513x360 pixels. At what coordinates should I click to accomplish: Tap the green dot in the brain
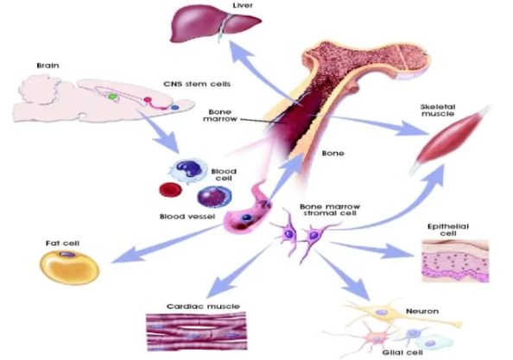pyautogui.click(x=112, y=97)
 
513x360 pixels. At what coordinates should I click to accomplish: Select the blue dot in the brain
pyautogui.click(x=175, y=107)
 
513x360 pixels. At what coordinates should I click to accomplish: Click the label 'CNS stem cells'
pyautogui.click(x=197, y=84)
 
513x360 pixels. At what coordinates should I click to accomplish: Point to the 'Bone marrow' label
pyautogui.click(x=220, y=116)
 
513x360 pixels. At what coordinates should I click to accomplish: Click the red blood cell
pyautogui.click(x=170, y=190)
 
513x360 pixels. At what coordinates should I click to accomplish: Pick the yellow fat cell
pyautogui.click(x=70, y=267)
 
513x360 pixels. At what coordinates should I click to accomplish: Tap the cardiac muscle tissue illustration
pyautogui.click(x=196, y=331)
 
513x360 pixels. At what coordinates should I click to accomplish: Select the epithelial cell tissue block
pyautogui.click(x=455, y=261)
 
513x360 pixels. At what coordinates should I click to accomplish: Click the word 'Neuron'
pyautogui.click(x=422, y=312)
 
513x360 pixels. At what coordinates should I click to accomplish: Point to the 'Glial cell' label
pyautogui.click(x=402, y=352)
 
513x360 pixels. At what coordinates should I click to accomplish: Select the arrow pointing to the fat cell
pyautogui.click(x=167, y=243)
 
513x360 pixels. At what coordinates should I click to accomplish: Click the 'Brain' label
pyautogui.click(x=47, y=66)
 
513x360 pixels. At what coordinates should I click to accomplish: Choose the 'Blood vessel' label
pyautogui.click(x=187, y=217)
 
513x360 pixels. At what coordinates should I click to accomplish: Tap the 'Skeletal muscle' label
pyautogui.click(x=437, y=111)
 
